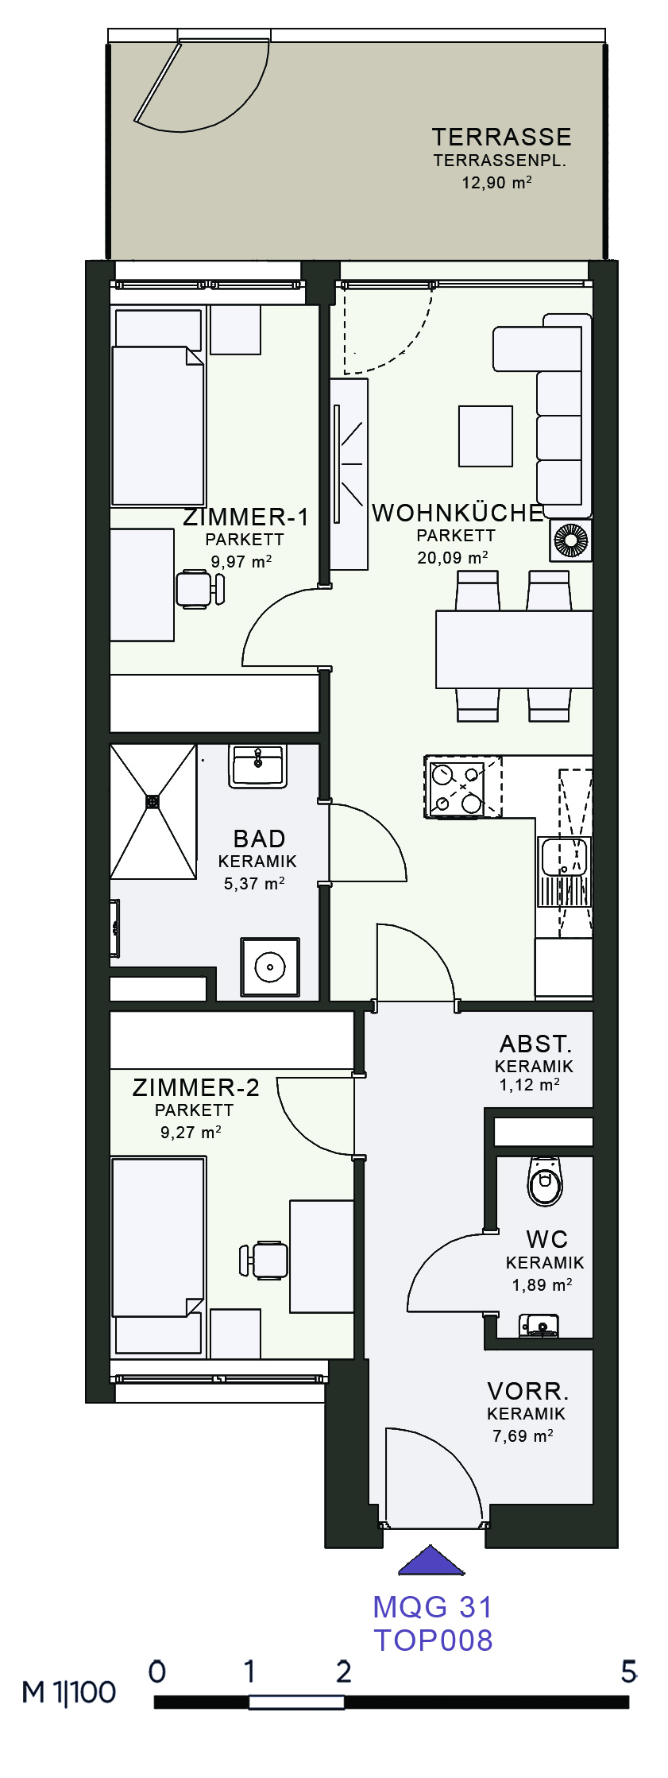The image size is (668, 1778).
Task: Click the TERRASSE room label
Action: tap(501, 137)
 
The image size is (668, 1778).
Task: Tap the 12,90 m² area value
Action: tap(496, 182)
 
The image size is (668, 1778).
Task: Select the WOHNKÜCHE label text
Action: tap(458, 513)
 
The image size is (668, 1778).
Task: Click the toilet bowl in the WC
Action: tap(545, 1181)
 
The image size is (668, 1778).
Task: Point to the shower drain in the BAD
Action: tap(153, 802)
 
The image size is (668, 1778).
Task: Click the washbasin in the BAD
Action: tap(257, 766)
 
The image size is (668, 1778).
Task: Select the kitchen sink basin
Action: tap(564, 857)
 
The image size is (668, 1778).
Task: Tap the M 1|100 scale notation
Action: tap(69, 1692)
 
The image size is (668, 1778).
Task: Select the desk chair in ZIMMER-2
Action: tap(264, 1260)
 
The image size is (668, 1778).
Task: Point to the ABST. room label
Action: tap(535, 1044)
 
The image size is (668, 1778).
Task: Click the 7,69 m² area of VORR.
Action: tap(523, 1435)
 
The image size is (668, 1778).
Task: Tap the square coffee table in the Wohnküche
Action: tap(485, 436)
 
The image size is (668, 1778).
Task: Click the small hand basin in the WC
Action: tap(539, 1325)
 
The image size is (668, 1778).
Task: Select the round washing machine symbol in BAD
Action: tap(270, 966)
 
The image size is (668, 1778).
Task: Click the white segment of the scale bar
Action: tap(296, 1702)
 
